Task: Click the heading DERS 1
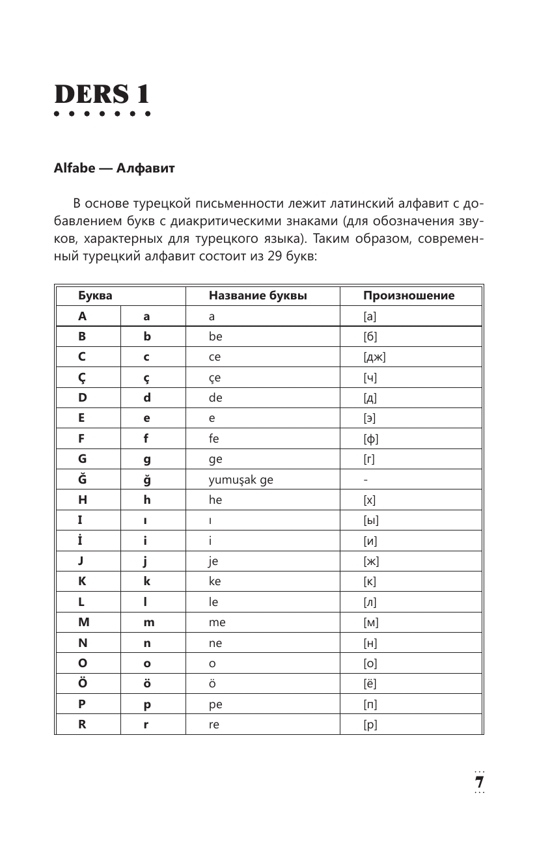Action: point(102,95)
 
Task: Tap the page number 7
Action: point(480,782)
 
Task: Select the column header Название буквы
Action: point(258,296)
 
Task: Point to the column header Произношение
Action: point(409,296)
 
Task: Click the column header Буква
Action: point(95,296)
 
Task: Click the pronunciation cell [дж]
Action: point(376,357)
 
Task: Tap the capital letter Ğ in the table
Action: point(82,480)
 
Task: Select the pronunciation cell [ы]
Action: point(372,521)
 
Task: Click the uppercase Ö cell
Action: point(83,683)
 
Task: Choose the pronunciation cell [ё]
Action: point(370,683)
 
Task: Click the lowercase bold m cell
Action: point(149,623)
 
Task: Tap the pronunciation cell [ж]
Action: point(372,562)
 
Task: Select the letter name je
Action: point(213,562)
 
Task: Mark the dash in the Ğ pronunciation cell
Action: point(366,480)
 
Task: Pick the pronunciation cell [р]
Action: point(370,724)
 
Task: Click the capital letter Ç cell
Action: point(82,378)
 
